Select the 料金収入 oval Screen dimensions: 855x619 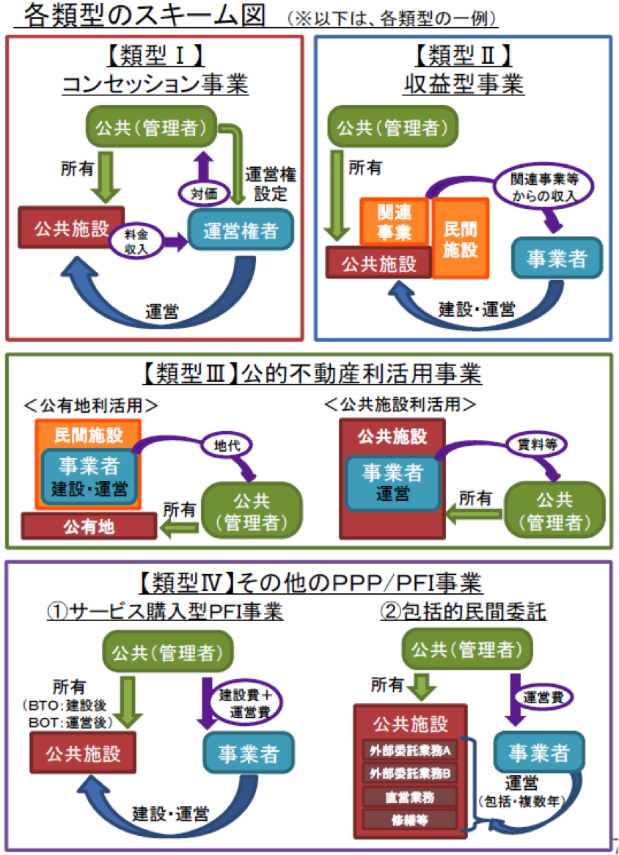[x=132, y=242]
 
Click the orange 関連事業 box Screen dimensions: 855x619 [x=395, y=222]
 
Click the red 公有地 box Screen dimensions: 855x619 [x=89, y=526]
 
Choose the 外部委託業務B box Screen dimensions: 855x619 [x=410, y=773]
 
